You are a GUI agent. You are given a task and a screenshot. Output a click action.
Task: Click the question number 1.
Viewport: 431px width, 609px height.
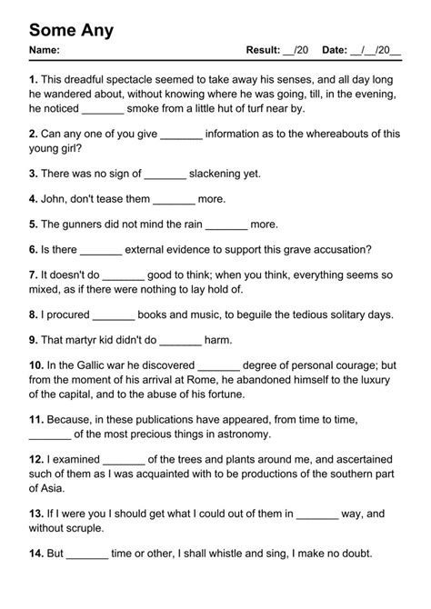coord(33,80)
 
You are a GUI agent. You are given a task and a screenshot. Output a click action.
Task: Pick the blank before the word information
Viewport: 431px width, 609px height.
coord(181,134)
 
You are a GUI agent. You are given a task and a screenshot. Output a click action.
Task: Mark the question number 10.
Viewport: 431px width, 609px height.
coord(36,365)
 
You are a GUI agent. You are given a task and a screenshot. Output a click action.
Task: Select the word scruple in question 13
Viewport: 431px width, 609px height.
coord(82,528)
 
